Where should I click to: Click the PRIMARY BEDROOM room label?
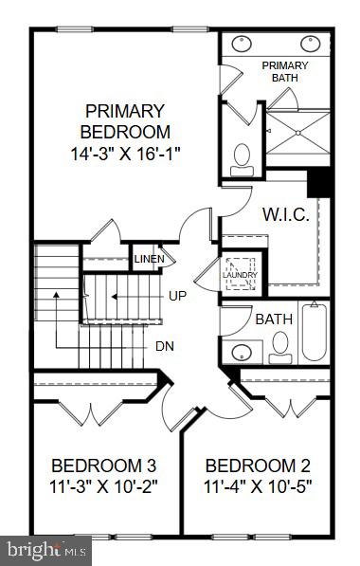click(x=125, y=120)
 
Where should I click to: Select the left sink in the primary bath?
click(x=241, y=43)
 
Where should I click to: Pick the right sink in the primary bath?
click(x=310, y=43)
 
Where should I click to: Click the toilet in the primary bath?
click(x=242, y=155)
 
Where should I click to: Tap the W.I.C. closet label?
click(x=285, y=214)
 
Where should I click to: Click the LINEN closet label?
click(x=149, y=259)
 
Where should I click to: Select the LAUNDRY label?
click(x=239, y=275)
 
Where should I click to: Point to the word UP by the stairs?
click(x=177, y=296)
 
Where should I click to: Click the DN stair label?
click(x=164, y=345)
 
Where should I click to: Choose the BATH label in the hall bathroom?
click(x=268, y=320)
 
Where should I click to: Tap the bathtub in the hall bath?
click(x=314, y=332)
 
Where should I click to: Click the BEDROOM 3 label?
click(x=103, y=466)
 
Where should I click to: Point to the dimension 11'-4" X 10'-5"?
click(x=258, y=487)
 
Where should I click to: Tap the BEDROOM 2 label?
click(x=258, y=466)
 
